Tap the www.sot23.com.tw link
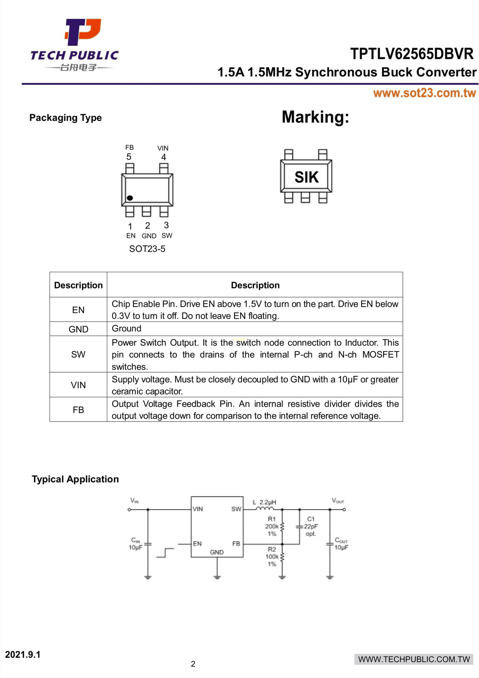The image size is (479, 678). coord(424,93)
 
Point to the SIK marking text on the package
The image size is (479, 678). coord(306,177)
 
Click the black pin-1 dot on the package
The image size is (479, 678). coord(130,198)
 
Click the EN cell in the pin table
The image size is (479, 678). coord(78,310)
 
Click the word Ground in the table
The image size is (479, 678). coord(126,328)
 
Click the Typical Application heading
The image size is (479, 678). coord(75,479)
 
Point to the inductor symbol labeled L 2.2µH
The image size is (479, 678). coord(265,508)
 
